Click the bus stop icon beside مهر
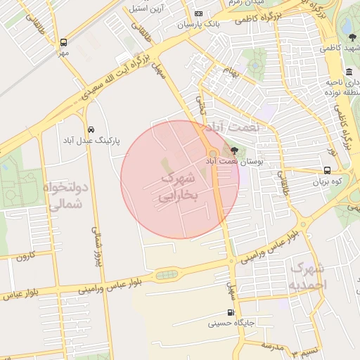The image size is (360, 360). [64, 42]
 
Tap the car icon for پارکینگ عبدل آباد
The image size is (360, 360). [91, 129]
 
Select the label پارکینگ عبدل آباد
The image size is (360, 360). [91, 141]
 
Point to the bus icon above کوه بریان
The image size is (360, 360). [328, 170]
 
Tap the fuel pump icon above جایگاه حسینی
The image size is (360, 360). [230, 313]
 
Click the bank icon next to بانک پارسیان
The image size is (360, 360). [198, 14]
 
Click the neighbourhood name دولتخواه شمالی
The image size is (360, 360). [63, 195]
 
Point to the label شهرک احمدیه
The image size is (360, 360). [308, 277]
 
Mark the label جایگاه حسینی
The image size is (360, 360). [229, 324]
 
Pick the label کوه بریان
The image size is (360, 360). [328, 181]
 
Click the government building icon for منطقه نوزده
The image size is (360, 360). [349, 73]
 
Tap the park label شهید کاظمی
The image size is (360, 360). [338, 49]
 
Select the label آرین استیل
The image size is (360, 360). [146, 9]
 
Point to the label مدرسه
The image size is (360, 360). [273, 345]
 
